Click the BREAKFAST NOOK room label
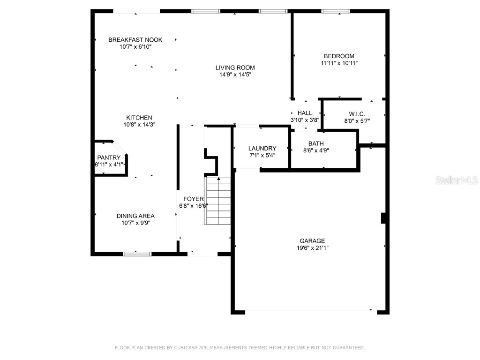coord(135,40)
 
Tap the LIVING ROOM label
coord(235,67)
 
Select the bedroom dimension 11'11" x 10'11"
coord(339,63)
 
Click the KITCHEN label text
coord(139,118)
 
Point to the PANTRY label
coord(109,157)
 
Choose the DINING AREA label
coord(135,216)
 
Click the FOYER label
coord(193,199)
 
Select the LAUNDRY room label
coord(262,149)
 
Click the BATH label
coord(315,143)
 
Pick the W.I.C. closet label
coord(357,114)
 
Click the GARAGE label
coord(312,241)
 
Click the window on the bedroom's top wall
coord(336,11)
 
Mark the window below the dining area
coord(137,254)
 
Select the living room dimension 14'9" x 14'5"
coord(235,75)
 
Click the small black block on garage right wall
coord(383,218)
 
